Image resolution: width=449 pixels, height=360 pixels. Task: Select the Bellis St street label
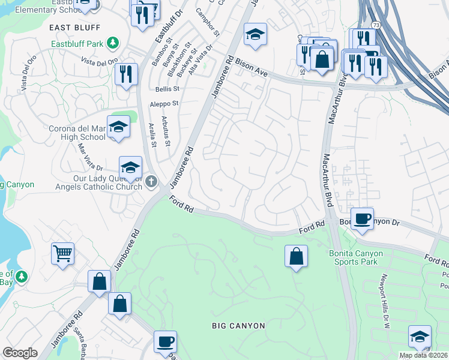tap(167, 89)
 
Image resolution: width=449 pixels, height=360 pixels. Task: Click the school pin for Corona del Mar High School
tap(118, 128)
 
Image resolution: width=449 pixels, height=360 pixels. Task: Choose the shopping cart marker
tap(62, 254)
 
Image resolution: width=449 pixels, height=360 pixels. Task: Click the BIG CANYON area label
tap(238, 326)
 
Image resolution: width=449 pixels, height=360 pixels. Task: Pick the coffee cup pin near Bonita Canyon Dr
tap(361, 220)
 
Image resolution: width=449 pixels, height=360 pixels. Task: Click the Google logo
tap(20, 352)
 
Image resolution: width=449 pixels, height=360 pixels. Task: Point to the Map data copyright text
tap(423, 355)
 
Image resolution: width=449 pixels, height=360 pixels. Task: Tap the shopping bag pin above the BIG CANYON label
tap(296, 256)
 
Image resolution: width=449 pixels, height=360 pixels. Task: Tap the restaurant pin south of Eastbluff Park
tap(125, 75)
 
